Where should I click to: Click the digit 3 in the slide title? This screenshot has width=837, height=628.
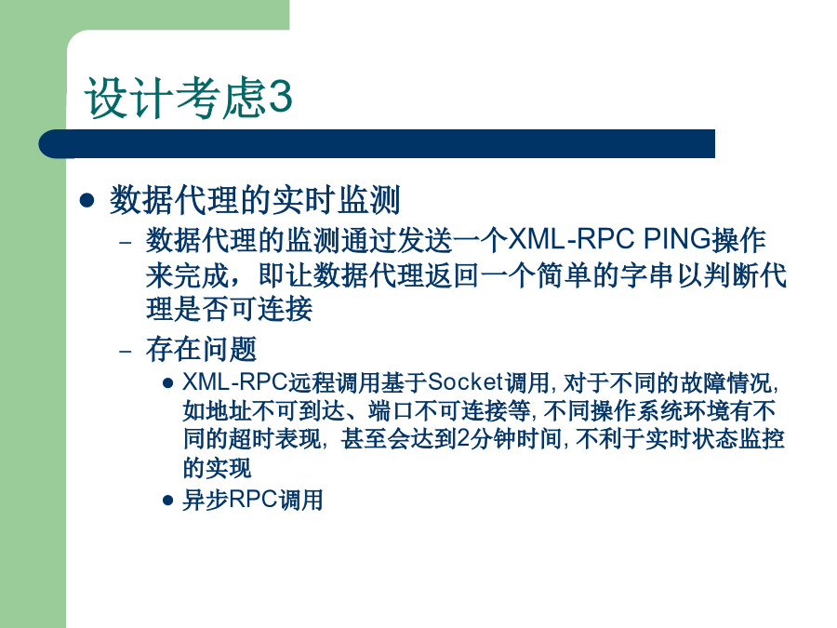click(280, 97)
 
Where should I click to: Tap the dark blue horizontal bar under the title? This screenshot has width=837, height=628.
click(377, 143)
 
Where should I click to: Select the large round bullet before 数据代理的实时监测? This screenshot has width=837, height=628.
click(86, 201)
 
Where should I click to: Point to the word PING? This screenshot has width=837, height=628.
click(677, 239)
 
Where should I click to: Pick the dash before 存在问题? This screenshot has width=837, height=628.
click(126, 351)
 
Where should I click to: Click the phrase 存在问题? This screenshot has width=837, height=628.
click(201, 349)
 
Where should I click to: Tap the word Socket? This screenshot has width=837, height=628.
click(466, 381)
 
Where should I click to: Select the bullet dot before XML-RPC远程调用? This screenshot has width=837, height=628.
click(167, 383)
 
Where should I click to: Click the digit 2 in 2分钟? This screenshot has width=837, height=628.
click(463, 439)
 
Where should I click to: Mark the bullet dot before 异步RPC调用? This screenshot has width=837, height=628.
click(167, 501)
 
